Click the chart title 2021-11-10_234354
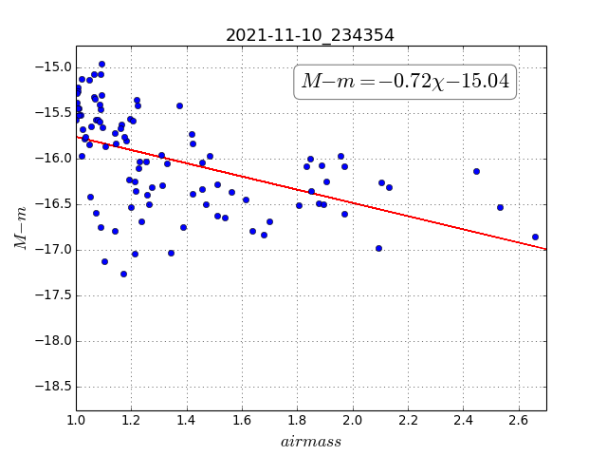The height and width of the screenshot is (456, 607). click(x=310, y=35)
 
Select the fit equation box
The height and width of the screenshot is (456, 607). click(x=405, y=82)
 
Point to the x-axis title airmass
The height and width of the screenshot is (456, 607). click(x=311, y=442)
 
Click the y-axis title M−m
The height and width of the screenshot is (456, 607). click(x=21, y=228)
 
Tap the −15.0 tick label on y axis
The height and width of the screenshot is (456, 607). click(x=53, y=67)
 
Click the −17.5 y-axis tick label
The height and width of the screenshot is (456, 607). click(x=53, y=295)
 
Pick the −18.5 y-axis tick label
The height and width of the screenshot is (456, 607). click(x=53, y=387)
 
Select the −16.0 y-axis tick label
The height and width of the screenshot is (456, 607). click(x=53, y=159)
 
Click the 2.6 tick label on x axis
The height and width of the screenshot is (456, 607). click(x=519, y=420)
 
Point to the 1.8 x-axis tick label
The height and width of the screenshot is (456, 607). click(x=297, y=420)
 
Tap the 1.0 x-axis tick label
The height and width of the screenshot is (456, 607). click(x=76, y=420)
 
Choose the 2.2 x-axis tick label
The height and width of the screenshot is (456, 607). click(x=408, y=420)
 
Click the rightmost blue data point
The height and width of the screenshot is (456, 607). click(x=535, y=237)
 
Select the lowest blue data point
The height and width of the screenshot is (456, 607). click(x=124, y=275)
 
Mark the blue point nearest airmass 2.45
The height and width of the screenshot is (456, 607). click(x=476, y=171)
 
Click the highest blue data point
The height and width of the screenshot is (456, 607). click(x=101, y=65)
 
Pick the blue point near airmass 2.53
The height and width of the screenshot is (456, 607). click(x=500, y=207)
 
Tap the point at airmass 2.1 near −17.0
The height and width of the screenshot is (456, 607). click(x=379, y=249)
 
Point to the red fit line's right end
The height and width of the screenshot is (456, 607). click(x=546, y=249)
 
